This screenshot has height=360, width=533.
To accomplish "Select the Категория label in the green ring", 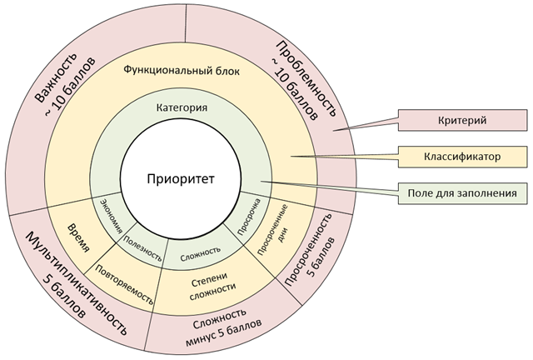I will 182,107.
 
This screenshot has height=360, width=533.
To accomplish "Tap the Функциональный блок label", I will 182,71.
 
